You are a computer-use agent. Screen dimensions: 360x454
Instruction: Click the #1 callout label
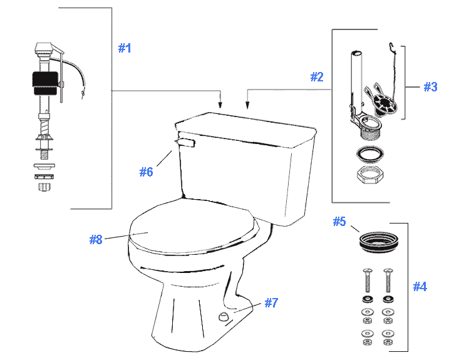[125, 48]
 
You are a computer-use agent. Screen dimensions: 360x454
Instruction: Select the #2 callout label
[317, 77]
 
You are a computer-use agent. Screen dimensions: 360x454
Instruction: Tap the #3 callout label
[430, 87]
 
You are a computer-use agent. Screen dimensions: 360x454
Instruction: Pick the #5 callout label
[339, 221]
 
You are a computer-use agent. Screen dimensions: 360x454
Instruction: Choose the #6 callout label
[145, 172]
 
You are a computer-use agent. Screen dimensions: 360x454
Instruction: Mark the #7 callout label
[271, 303]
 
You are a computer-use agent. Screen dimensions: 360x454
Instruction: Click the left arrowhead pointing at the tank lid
[220, 103]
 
